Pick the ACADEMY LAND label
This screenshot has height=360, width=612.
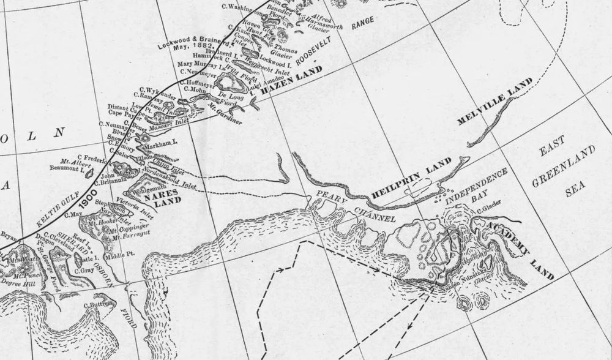click(x=520, y=250)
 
